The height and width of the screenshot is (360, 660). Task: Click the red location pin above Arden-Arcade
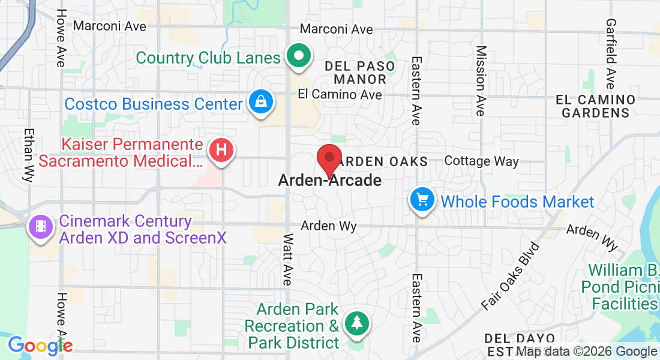[329, 158]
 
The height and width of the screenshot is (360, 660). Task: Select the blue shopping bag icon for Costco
[262, 102]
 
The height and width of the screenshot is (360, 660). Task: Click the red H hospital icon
[221, 150]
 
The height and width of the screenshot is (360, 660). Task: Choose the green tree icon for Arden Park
[357, 323]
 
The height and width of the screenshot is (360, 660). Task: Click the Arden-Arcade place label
[329, 180]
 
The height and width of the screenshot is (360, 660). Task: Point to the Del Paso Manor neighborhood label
[360, 73]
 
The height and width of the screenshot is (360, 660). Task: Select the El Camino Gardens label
[595, 106]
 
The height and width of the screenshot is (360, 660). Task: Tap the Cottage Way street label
[481, 161]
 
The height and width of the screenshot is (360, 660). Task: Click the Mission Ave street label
[480, 81]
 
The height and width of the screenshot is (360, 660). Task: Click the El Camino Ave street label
[340, 95]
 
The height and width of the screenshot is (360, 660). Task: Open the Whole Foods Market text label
[517, 202]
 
